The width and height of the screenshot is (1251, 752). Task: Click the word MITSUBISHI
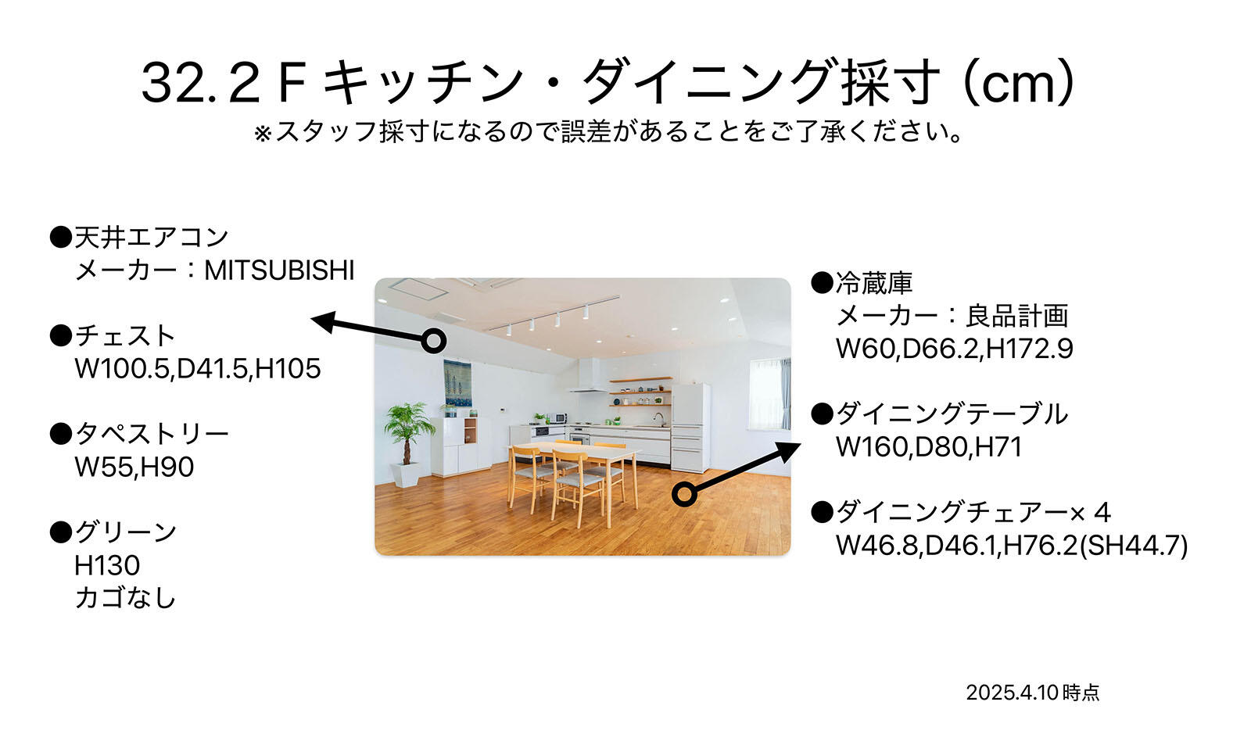tap(279, 270)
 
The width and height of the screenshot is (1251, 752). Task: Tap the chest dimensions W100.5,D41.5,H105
tap(198, 368)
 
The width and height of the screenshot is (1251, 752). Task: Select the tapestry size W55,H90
tap(134, 467)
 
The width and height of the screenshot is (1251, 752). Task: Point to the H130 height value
tap(107, 565)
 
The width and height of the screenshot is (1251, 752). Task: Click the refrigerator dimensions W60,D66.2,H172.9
tap(955, 349)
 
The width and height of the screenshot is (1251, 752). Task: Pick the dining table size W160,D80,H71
tap(929, 446)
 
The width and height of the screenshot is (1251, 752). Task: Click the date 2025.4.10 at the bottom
tap(1012, 693)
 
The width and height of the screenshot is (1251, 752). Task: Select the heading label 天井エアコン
tap(152, 238)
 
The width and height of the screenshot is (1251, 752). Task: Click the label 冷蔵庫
tap(874, 283)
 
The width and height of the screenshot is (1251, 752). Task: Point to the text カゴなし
tap(125, 598)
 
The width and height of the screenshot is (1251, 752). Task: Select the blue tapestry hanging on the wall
tap(457, 382)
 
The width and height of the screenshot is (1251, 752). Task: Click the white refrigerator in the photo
tap(691, 428)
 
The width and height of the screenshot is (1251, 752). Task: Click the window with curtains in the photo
tap(769, 394)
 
